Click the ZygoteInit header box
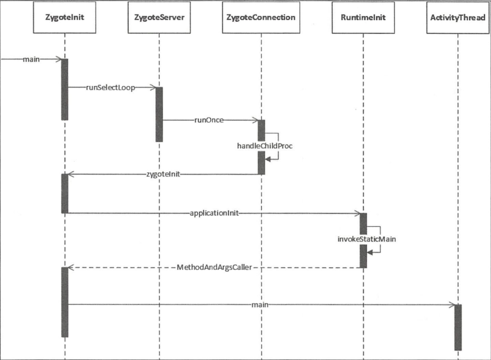pyautogui.click(x=64, y=17)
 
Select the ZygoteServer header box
pyautogui.click(x=159, y=17)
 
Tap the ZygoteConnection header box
pyautogui.click(x=261, y=17)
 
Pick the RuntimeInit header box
pyautogui.click(x=363, y=17)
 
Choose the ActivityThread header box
pyautogui.click(x=457, y=17)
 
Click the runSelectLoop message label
pyautogui.click(x=111, y=88)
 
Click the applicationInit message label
pyautogui.click(x=213, y=213)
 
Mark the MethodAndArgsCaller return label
pyautogui.click(x=214, y=267)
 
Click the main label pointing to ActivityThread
pyautogui.click(x=260, y=305)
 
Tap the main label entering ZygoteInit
pyautogui.click(x=31, y=59)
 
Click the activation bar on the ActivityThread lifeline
pyautogui.click(x=457, y=327)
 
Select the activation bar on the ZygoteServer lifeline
pyautogui.click(x=159, y=114)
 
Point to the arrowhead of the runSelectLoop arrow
pyautogui.click(x=153, y=88)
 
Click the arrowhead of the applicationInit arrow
pyautogui.click(x=357, y=213)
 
